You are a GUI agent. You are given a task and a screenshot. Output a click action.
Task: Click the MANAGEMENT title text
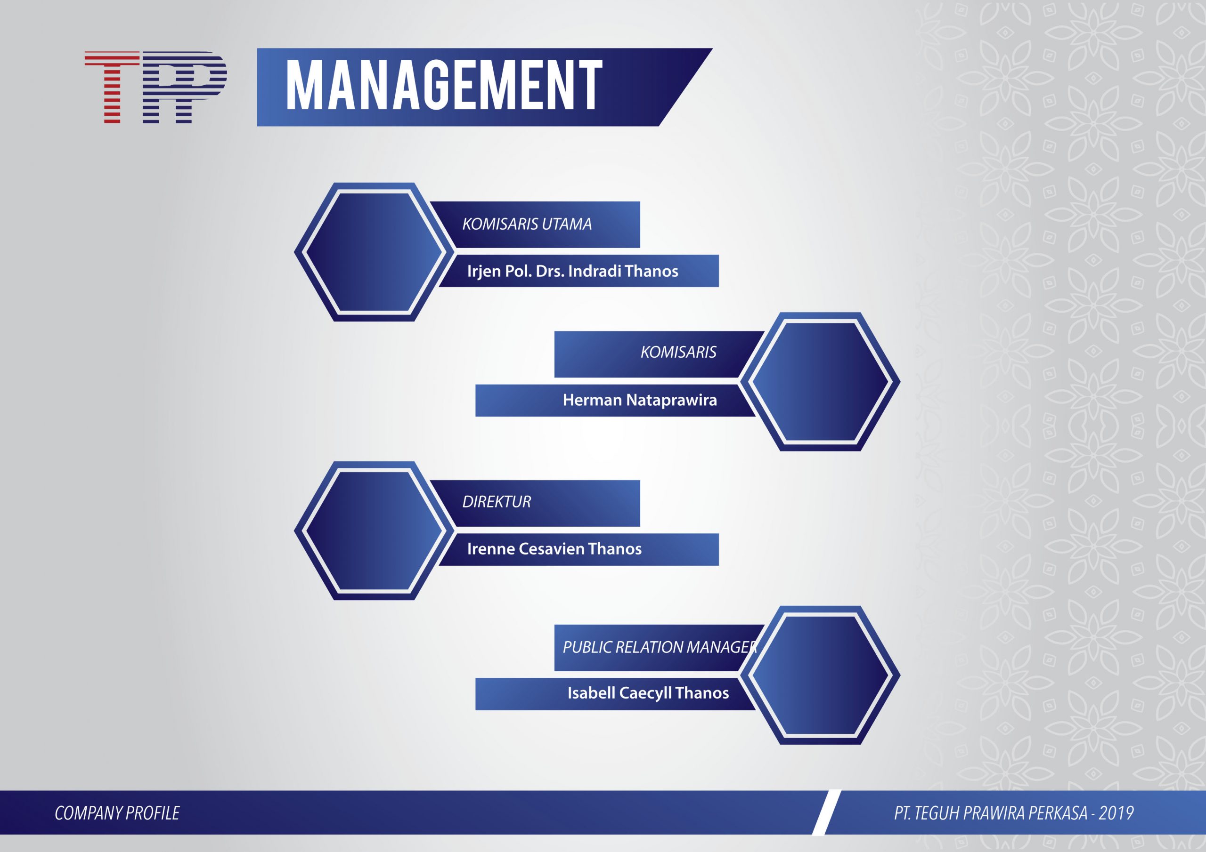coord(444,85)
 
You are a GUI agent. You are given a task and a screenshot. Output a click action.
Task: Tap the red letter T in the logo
coord(112,87)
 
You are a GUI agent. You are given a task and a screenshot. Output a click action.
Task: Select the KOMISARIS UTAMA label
coord(527,224)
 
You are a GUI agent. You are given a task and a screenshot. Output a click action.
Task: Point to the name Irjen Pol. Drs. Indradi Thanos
coord(572,271)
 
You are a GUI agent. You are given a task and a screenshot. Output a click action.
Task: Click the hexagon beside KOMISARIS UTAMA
coord(375,252)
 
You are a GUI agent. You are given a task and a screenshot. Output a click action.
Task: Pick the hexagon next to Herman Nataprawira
coord(819,382)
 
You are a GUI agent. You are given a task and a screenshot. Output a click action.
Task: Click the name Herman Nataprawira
coord(640,400)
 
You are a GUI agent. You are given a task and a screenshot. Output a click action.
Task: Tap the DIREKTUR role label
coord(497,502)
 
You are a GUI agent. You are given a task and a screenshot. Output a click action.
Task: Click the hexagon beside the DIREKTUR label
coord(375,530)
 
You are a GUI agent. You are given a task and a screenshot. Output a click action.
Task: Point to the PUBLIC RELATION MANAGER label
coord(660,647)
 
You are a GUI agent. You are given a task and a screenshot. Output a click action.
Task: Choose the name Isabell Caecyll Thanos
coord(648,693)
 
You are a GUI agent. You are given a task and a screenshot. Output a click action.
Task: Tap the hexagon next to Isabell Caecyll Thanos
coord(819,675)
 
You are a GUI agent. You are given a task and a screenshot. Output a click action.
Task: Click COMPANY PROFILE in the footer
coord(117,813)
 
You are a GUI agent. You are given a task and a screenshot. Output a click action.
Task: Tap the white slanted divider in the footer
coord(826,812)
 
